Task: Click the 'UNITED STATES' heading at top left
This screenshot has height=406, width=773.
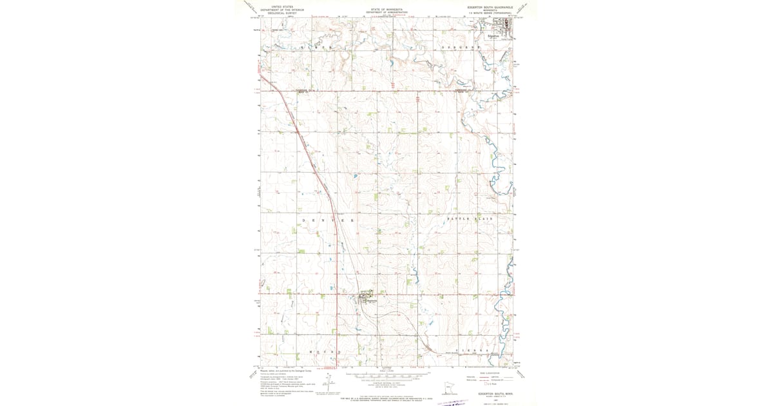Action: coord(282,6)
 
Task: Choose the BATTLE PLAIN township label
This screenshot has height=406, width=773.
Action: coord(470,220)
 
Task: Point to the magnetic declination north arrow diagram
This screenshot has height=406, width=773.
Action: coord(328,384)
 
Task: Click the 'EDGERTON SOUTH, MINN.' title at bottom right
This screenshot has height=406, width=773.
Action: coord(493,392)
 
